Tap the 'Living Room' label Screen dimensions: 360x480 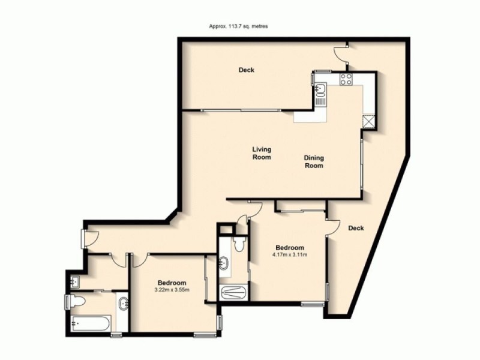point(261,153)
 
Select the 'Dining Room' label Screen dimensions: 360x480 point(313,161)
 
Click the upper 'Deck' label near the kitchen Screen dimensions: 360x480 point(246,70)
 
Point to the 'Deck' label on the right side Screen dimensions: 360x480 point(356,228)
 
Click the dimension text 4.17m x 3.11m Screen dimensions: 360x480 point(290,254)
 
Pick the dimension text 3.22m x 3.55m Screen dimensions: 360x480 point(172,290)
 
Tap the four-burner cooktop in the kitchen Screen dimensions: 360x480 point(346,79)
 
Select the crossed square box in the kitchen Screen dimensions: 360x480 point(368,121)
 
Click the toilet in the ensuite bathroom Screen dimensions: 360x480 point(239,244)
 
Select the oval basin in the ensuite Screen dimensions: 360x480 point(224,263)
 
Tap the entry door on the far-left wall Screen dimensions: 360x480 point(89,238)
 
